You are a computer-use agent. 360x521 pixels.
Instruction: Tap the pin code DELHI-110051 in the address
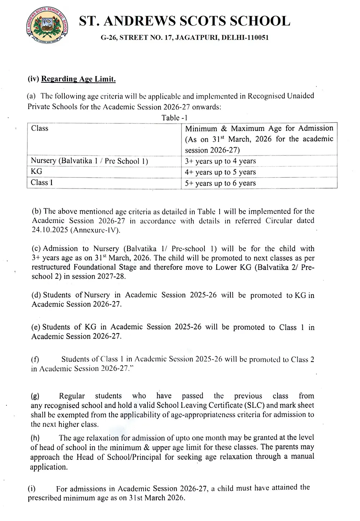pyautogui.click(x=245, y=37)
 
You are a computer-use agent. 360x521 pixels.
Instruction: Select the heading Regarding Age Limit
pyautogui.click(x=78, y=79)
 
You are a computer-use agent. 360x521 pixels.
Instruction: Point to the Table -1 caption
pyautogui.click(x=174, y=118)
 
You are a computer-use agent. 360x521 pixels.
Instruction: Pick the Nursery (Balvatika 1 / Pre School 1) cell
pyautogui.click(x=89, y=161)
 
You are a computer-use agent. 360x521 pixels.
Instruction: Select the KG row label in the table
pyautogui.click(x=36, y=172)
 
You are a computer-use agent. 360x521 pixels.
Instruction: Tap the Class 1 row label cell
pyautogui.click(x=42, y=182)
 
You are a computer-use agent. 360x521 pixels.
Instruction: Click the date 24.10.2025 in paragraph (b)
pyautogui.click(x=49, y=230)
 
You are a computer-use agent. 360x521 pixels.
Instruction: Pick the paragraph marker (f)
pyautogui.click(x=35, y=359)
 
